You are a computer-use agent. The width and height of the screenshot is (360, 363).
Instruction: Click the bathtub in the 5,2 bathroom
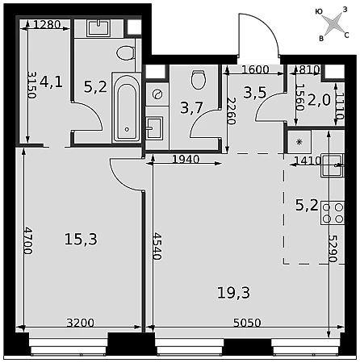[127, 107]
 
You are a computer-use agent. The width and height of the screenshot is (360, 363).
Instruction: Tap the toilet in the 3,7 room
[199, 80]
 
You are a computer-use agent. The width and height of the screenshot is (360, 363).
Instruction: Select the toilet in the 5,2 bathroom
[125, 52]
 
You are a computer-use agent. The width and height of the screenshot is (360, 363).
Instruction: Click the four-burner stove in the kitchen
[333, 213]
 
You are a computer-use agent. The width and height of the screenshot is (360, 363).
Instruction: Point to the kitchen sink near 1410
[333, 165]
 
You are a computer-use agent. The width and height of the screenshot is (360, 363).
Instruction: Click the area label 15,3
[81, 239]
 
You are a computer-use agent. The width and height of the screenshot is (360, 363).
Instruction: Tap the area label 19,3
[233, 293]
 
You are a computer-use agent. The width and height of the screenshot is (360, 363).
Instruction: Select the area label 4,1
[51, 81]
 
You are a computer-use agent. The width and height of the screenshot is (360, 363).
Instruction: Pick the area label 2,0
[319, 101]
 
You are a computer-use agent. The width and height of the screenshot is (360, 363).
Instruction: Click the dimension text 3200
[81, 323]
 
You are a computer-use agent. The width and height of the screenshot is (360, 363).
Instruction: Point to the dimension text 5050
[247, 323]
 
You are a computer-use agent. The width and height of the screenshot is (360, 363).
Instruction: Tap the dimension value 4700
[28, 241]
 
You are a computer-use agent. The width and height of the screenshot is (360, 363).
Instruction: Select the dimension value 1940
[186, 159]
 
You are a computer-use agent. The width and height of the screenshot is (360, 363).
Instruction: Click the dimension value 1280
[47, 25]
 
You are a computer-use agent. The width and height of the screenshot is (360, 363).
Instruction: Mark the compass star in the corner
[333, 23]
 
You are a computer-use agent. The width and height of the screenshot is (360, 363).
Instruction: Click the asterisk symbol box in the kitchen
[299, 142]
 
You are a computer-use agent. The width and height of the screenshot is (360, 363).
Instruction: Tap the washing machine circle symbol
[157, 94]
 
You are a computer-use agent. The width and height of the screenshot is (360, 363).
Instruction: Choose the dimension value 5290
[333, 248]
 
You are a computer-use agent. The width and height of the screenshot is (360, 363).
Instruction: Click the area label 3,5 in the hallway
[255, 92]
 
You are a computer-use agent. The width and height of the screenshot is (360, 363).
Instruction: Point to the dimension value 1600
[255, 69]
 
